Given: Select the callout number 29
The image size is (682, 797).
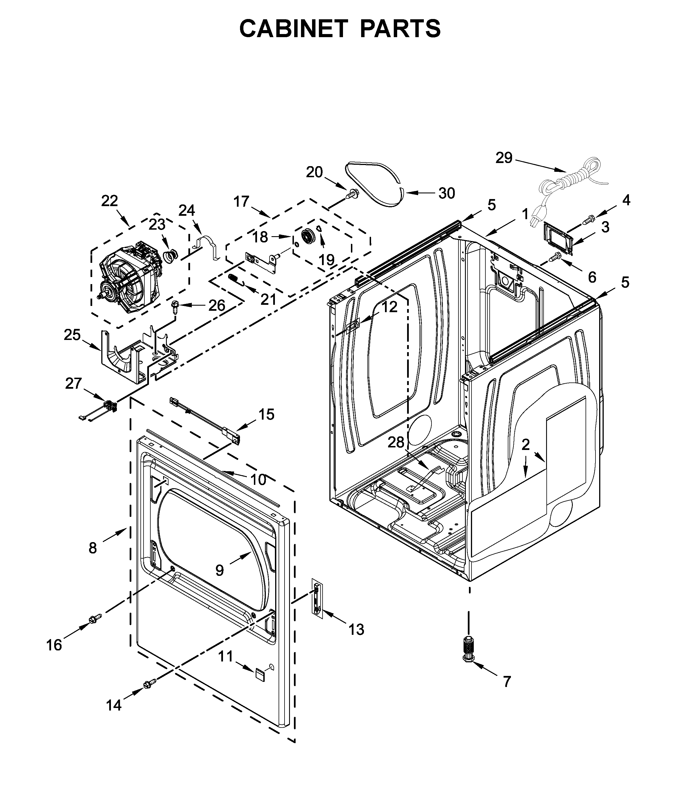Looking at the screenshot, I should pos(504,158).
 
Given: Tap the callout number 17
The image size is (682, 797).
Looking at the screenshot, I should pos(242,202).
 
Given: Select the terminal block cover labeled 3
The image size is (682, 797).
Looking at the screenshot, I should pos(558,240).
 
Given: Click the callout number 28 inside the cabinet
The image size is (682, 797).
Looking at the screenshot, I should pos(396,442).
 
